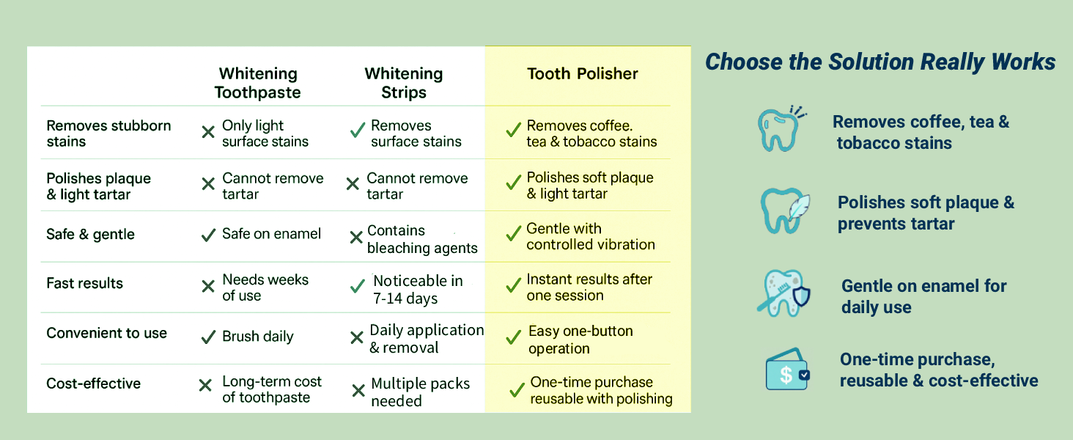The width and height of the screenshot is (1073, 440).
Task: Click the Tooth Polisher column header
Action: (583, 74)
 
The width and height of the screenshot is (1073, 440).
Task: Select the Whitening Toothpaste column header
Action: (257, 83)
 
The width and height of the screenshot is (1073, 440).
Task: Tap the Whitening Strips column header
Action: (404, 83)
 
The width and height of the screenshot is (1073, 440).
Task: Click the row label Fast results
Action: (85, 284)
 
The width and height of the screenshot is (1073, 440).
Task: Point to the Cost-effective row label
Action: (94, 384)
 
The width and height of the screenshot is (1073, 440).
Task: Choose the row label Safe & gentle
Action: (91, 235)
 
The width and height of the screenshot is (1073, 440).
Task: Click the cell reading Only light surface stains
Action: (265, 133)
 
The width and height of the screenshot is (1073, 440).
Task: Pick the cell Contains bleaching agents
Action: (422, 239)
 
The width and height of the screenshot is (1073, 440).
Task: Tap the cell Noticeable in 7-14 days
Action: (417, 290)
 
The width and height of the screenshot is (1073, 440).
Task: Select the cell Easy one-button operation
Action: (580, 340)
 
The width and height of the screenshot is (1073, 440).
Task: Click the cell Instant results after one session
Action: (589, 287)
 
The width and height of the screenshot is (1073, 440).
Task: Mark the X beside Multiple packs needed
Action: (358, 391)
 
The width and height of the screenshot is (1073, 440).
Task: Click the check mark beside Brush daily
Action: (208, 337)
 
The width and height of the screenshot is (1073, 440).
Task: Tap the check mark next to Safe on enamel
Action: (208, 235)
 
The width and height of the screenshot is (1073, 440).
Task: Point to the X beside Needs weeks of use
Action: (208, 287)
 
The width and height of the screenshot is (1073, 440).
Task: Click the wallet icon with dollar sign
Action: (786, 372)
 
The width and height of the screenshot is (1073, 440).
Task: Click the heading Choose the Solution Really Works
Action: (880, 62)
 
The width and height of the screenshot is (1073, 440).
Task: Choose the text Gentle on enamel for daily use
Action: (923, 296)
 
